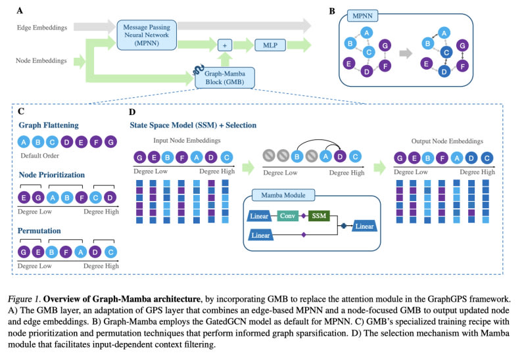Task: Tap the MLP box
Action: point(270,46)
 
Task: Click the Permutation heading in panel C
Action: point(39,232)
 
